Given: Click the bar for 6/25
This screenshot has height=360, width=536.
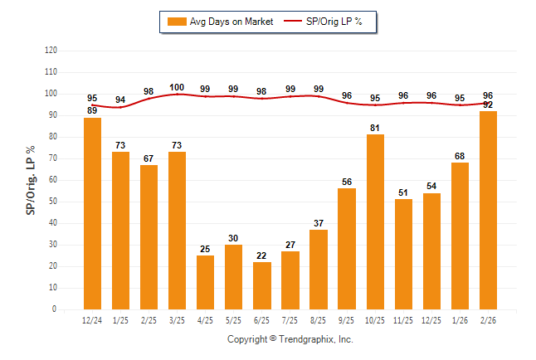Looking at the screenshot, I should click(x=261, y=285).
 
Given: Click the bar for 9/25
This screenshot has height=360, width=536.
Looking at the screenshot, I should click(x=347, y=249).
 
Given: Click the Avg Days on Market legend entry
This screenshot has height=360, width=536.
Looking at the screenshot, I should click(x=220, y=22).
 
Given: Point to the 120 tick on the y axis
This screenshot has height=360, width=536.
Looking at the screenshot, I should click(x=51, y=51).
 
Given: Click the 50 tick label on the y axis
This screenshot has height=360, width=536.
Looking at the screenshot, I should click(x=53, y=202).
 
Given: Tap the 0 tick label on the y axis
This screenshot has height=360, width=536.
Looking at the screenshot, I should click(x=55, y=309).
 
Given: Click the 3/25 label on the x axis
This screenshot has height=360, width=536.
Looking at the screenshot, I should click(x=177, y=319).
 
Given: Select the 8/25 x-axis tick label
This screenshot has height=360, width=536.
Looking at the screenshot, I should click(x=318, y=319).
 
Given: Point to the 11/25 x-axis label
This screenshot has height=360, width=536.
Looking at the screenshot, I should click(x=403, y=319).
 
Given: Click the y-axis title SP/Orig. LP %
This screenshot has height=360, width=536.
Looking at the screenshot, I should click(x=31, y=179).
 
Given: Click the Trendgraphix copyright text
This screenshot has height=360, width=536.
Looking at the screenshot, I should click(x=290, y=339).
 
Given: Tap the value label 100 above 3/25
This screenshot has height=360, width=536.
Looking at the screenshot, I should click(x=177, y=88).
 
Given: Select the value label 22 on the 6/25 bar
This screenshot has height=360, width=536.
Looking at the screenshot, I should click(x=261, y=255).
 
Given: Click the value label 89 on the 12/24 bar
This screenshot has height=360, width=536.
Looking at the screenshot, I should click(x=92, y=110).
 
